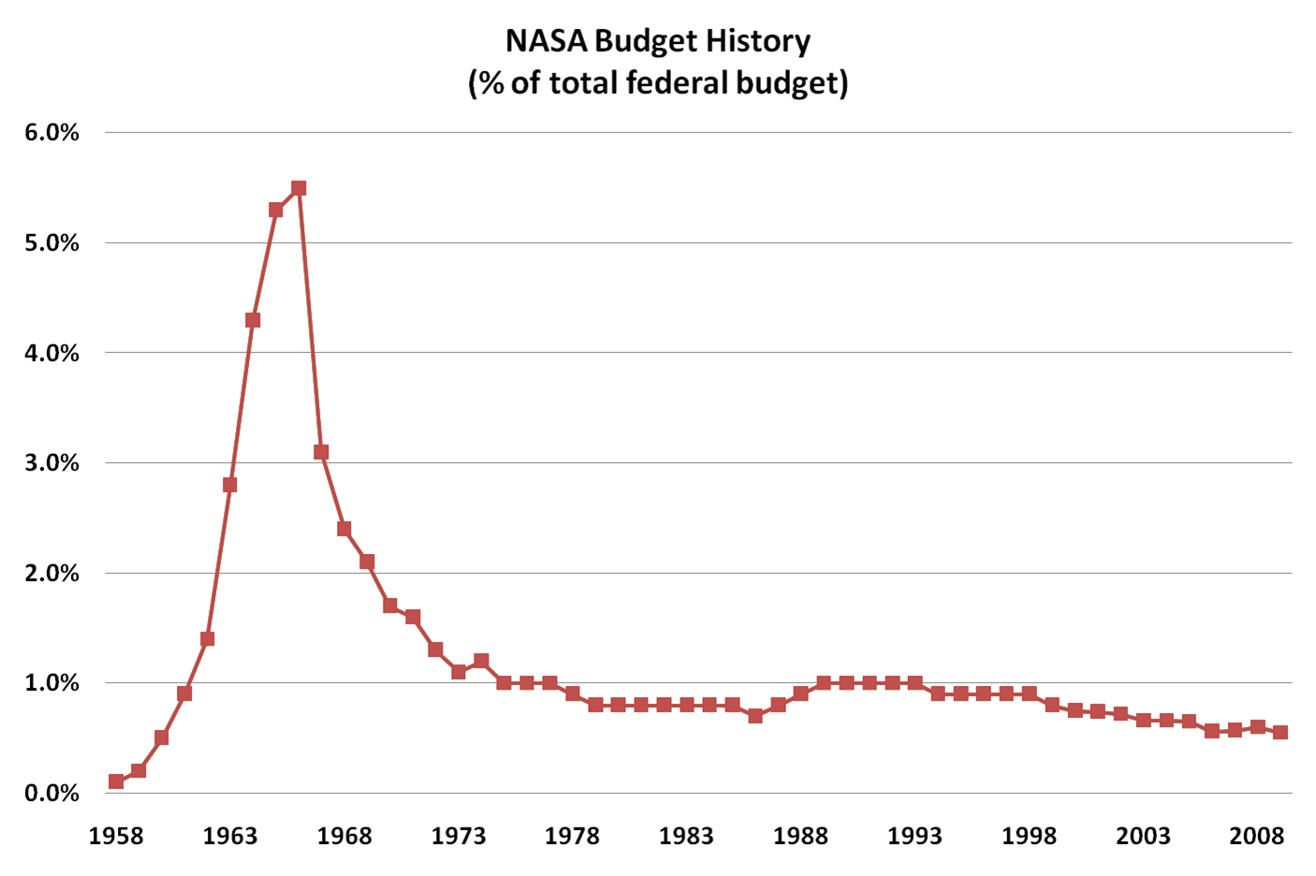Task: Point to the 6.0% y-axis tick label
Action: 52,133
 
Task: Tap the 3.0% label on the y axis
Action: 52,463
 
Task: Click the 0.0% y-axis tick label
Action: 52,794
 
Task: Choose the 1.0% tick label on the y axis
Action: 52,683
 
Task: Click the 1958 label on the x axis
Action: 116,836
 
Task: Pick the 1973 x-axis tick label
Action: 459,836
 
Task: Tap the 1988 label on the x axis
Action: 800,836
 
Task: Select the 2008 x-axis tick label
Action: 1257,836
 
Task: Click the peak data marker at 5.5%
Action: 299,188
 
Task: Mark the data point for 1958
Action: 116,781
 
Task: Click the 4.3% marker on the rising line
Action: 253,320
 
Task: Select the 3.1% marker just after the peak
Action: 321,452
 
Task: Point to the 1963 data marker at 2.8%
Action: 230,485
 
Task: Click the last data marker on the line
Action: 1280,732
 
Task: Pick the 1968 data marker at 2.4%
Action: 344,529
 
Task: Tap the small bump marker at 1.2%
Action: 481,661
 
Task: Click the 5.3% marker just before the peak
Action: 276,210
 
